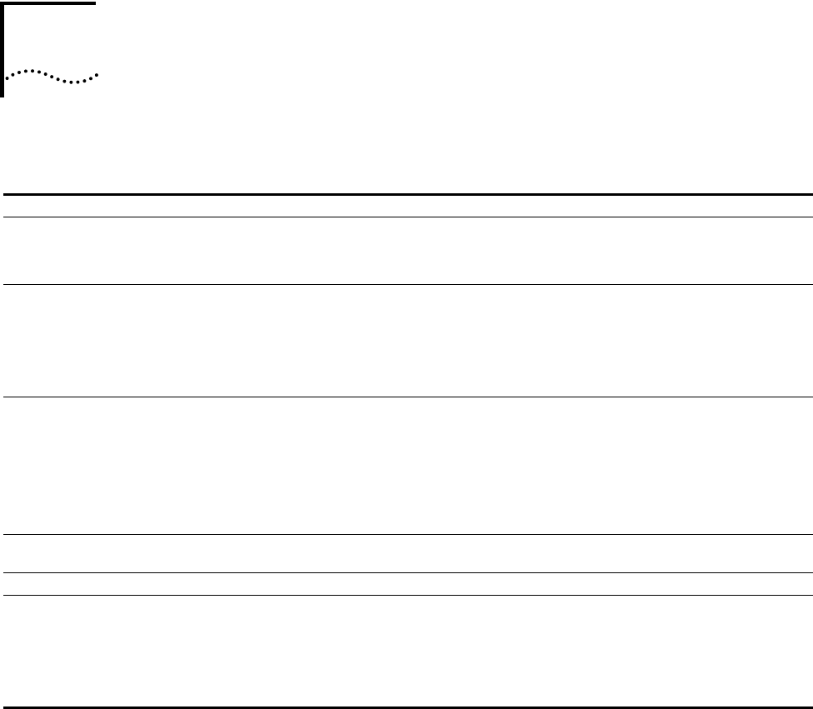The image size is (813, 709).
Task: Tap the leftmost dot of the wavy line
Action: tap(7, 77)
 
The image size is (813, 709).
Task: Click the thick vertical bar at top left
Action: tap(3, 50)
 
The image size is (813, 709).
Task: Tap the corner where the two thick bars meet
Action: tap(3, 2)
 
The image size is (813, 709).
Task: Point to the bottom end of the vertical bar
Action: tap(3, 95)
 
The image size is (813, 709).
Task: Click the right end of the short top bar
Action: tap(94, 2)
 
